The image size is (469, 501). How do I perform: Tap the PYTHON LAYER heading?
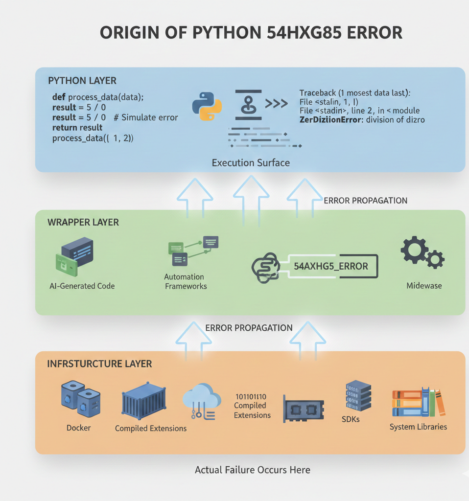(x=82, y=80)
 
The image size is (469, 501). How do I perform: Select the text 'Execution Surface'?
(x=251, y=162)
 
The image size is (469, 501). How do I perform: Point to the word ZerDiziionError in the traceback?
(x=330, y=119)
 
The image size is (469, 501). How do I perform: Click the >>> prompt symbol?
(x=277, y=104)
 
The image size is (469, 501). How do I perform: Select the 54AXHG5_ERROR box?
(x=330, y=266)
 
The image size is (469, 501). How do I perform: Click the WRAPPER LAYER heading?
(x=83, y=222)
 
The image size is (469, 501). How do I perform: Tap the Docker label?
(x=78, y=428)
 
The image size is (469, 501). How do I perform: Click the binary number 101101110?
(x=251, y=396)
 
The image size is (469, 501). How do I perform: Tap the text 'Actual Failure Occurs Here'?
(x=252, y=470)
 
